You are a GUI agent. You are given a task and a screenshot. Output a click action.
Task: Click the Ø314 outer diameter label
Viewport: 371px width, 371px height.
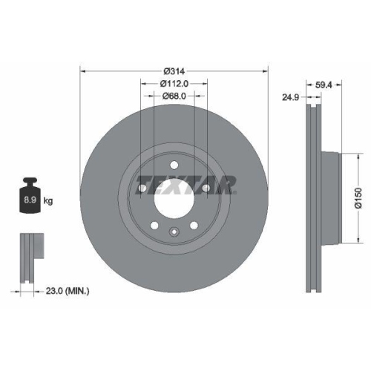pos(174,70)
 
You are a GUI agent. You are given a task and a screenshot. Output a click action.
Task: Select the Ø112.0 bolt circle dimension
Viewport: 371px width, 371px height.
pos(174,83)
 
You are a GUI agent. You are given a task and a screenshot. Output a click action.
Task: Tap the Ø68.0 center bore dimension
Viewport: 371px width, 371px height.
pos(174,96)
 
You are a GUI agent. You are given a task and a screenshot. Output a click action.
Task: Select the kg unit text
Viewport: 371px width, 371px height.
pos(49,201)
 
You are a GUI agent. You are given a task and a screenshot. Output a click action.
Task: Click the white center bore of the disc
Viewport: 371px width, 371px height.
pos(174,197)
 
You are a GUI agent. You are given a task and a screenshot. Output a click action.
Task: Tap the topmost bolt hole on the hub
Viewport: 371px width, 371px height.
pos(174,165)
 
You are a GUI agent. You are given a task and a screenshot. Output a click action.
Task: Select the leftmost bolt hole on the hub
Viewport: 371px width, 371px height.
pos(142,188)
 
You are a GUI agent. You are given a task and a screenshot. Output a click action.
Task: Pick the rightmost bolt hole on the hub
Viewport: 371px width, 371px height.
pos(206,188)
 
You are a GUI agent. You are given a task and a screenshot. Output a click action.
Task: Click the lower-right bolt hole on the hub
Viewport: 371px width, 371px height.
pos(193,226)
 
